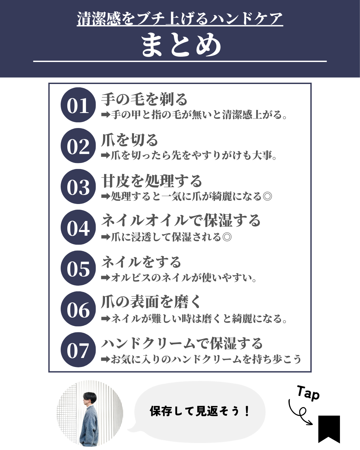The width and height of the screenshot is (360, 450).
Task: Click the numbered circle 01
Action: (78, 105)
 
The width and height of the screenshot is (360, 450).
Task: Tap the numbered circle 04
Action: (78, 227)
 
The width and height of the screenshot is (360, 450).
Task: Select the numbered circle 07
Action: (78, 350)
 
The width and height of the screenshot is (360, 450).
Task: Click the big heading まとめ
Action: (181, 45)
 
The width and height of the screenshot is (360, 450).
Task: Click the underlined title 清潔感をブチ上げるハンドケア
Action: (180, 19)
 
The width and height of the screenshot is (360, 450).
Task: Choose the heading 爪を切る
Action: (129, 140)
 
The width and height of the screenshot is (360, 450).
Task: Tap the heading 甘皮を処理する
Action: (152, 181)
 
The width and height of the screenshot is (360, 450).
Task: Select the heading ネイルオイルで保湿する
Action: (181, 221)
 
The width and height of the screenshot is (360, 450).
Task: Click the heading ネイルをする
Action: (141, 262)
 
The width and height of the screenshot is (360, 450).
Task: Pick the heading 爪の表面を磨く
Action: (151, 302)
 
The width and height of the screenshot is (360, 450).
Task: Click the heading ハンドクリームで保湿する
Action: (182, 343)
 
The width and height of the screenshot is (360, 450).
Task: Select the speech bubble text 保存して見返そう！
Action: (200, 411)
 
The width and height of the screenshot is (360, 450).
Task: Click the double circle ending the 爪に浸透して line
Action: (227, 237)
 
